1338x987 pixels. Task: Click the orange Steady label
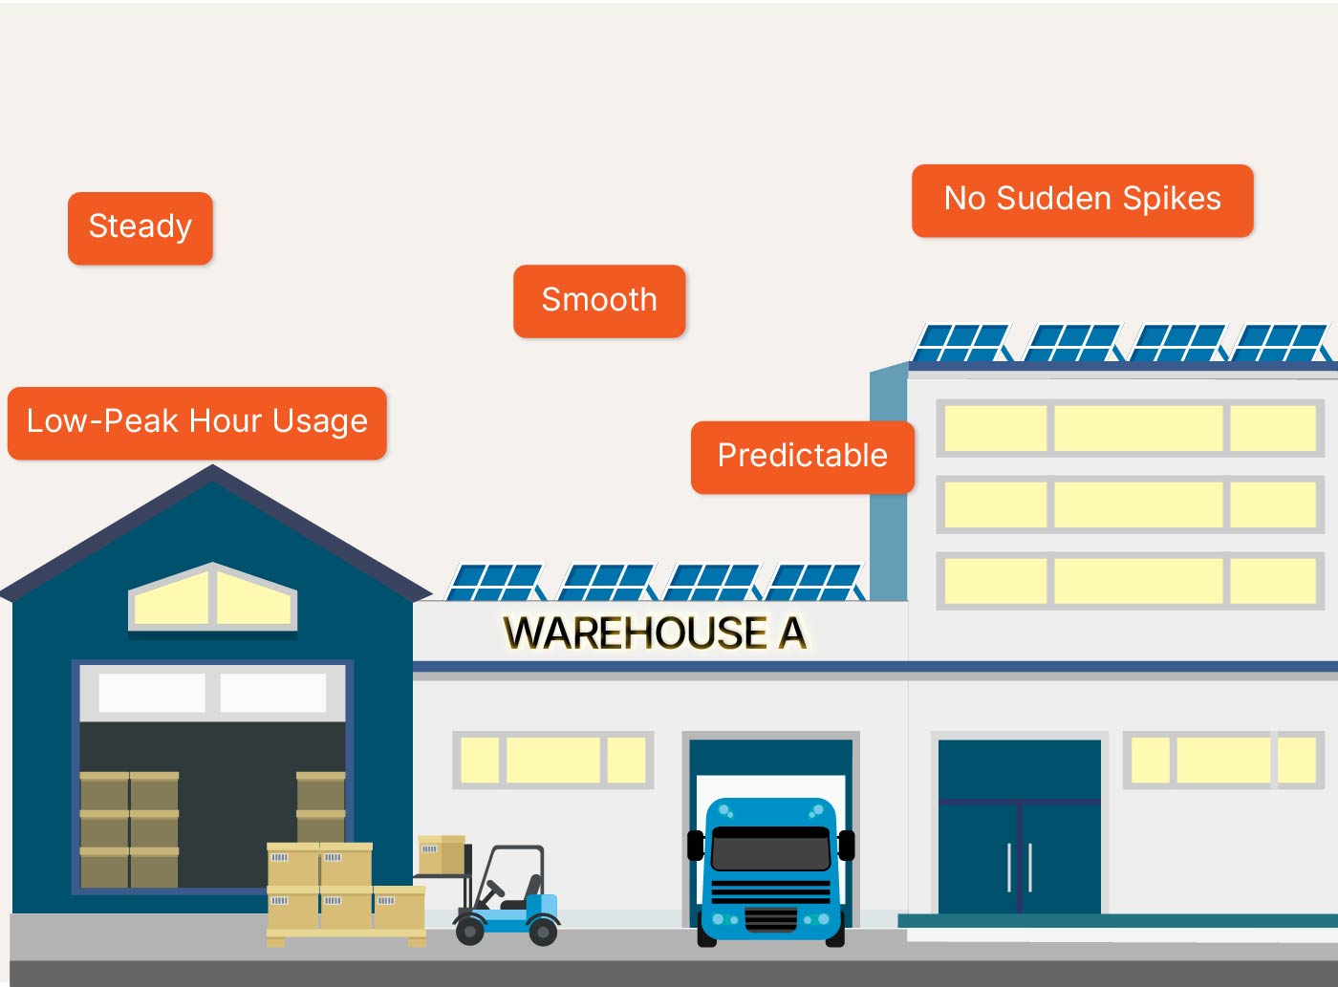click(x=140, y=227)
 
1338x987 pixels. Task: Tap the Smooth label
click(x=599, y=300)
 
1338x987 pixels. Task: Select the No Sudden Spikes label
click(x=1082, y=200)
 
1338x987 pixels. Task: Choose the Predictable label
click(x=802, y=456)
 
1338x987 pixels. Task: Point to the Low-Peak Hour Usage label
click(x=197, y=421)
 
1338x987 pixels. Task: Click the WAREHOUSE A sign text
click(x=655, y=633)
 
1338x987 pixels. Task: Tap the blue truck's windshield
click(x=770, y=848)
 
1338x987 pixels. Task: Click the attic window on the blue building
click(x=212, y=598)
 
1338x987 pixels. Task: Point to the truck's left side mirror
click(x=695, y=846)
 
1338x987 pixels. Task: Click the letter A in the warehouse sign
click(x=792, y=633)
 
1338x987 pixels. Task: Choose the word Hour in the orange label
click(x=224, y=421)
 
